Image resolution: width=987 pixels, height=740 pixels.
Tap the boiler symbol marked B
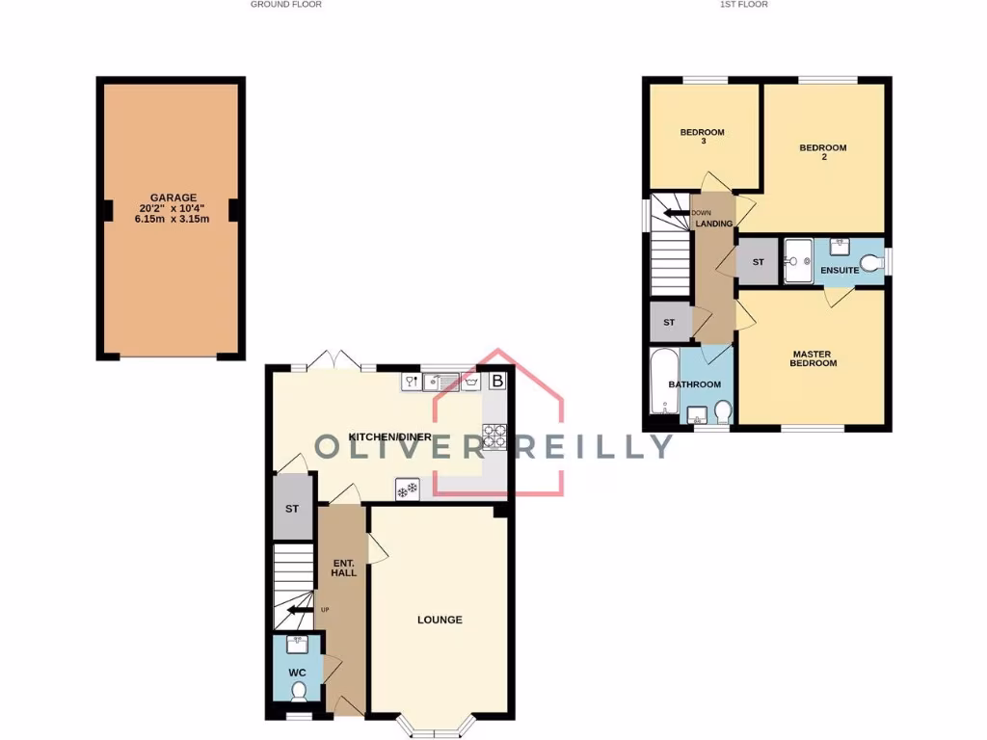click(x=497, y=382)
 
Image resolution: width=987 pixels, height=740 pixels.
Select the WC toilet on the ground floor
click(x=299, y=690)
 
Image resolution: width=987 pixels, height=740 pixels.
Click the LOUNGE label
click(x=440, y=620)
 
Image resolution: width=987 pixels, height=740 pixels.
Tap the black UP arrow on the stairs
click(x=304, y=609)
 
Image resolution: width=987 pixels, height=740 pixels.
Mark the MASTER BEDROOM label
click(x=813, y=358)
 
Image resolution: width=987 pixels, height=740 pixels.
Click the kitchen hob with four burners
click(x=494, y=437)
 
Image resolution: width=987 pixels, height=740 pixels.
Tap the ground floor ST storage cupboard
click(x=292, y=509)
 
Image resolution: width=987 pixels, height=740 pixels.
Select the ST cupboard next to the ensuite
click(x=758, y=262)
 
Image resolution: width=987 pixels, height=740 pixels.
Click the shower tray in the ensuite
click(x=798, y=261)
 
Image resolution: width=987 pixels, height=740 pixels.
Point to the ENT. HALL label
click(x=343, y=568)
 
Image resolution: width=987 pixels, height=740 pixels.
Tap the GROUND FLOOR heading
click(x=286, y=5)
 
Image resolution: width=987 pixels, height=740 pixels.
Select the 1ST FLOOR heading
click(x=742, y=5)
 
